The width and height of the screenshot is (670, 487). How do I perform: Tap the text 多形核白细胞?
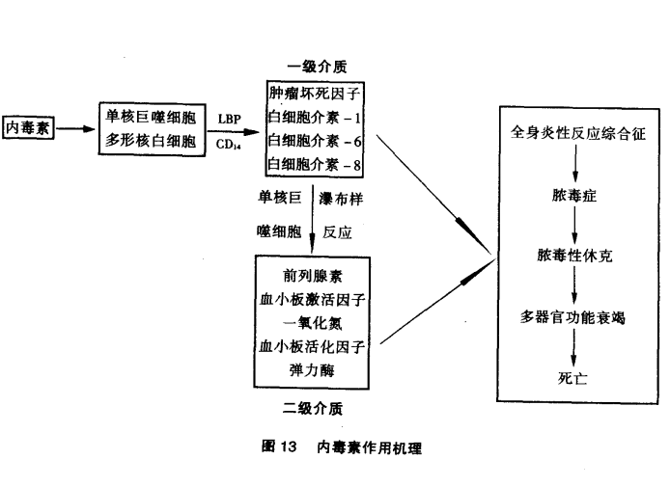click(151, 142)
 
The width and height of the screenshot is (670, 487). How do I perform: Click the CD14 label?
click(229, 144)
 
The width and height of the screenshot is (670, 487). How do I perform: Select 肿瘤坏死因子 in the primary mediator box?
click(316, 95)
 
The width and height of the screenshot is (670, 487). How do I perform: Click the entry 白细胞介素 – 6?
click(316, 141)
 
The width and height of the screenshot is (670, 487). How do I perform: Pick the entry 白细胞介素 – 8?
click(316, 164)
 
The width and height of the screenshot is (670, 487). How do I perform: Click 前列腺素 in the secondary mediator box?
click(311, 274)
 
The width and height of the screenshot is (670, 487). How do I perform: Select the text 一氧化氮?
click(311, 321)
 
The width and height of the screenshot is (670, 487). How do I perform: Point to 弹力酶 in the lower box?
click(311, 368)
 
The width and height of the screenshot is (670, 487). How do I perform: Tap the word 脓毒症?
click(575, 197)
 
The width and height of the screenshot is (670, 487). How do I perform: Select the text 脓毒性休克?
click(575, 257)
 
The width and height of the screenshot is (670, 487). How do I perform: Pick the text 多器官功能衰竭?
click(575, 316)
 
